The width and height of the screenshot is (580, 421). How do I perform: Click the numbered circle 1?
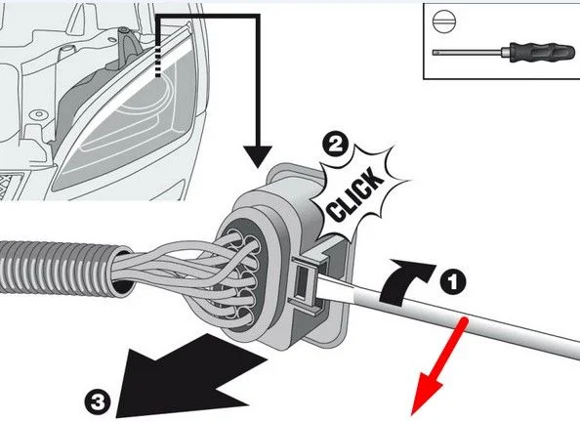(x=453, y=282)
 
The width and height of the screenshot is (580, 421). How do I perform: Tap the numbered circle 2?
(x=335, y=145)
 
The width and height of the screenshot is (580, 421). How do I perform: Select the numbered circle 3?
(x=98, y=401)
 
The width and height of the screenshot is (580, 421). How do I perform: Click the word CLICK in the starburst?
(x=355, y=194)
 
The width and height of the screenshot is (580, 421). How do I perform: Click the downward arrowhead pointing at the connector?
(x=258, y=156)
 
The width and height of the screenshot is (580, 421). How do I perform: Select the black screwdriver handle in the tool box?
(x=542, y=52)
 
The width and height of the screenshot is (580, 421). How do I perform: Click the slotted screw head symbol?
(x=444, y=21)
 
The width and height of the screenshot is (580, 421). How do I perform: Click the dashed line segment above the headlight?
(x=158, y=62)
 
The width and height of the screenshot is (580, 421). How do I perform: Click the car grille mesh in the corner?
(x=11, y=187)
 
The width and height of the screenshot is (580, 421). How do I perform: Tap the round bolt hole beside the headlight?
(x=38, y=114)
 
